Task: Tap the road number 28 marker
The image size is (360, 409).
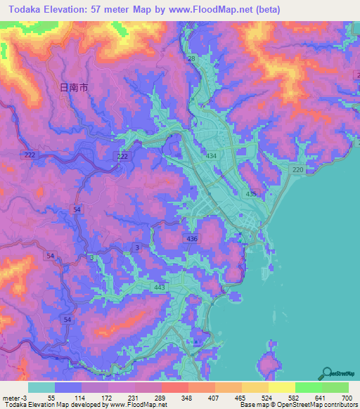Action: coord(191,59)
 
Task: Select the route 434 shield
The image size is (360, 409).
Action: coord(211,155)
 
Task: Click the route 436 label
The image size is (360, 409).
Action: coord(192,239)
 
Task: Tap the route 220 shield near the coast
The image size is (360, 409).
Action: coord(297,170)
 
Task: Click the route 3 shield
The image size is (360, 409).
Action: coord(137,247)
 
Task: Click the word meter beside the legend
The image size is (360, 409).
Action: coord(13,398)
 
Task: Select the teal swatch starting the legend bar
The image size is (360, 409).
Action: coord(41,387)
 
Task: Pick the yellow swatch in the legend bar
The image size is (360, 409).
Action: coord(281,387)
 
